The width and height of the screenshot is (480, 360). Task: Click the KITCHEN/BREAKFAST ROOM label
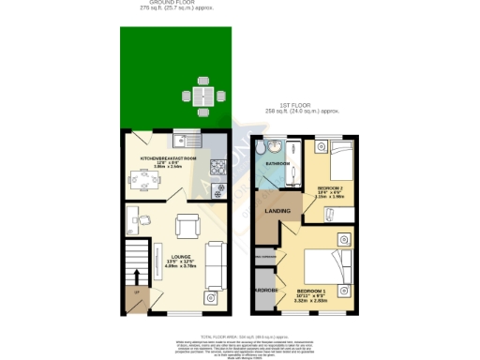click(169, 158)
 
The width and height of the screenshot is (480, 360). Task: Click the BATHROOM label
click(277, 163)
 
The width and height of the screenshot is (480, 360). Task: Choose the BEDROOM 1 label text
click(311, 292)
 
